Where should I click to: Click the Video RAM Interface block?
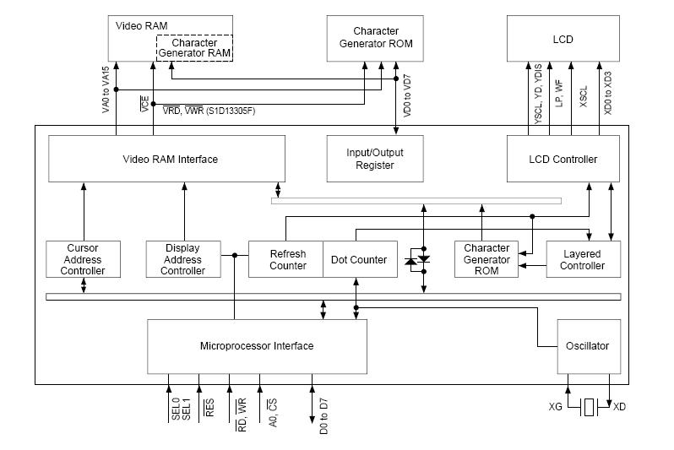(171, 160)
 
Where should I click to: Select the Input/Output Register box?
(375, 159)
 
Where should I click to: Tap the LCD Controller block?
(563, 159)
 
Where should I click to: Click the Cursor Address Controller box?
(83, 259)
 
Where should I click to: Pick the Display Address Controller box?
(182, 259)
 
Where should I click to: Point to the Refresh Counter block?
(286, 259)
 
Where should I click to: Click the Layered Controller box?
(583, 259)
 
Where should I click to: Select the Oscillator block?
(588, 346)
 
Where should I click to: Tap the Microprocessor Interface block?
(257, 346)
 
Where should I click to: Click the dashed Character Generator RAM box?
(194, 48)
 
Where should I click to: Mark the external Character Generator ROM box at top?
(376, 37)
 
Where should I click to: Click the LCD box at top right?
(563, 37)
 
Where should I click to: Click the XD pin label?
(620, 407)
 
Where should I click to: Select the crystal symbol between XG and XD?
(590, 407)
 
